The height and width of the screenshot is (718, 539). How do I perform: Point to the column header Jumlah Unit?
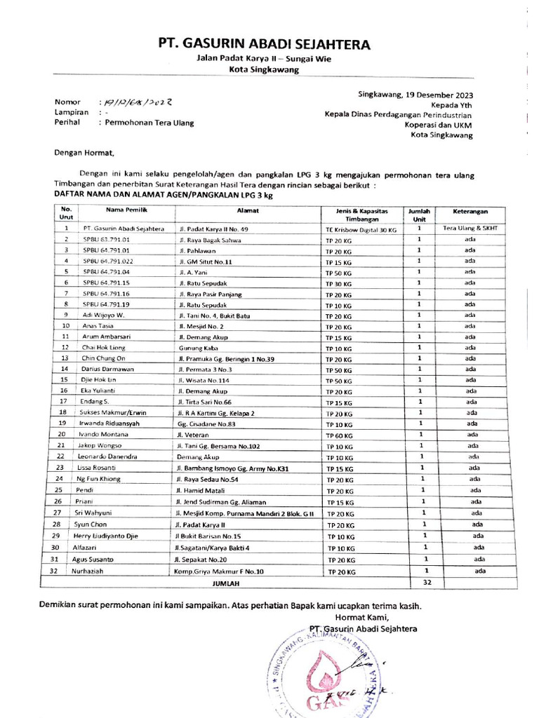coord(418,213)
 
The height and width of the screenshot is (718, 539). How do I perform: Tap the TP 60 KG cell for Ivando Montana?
coord(339,435)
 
